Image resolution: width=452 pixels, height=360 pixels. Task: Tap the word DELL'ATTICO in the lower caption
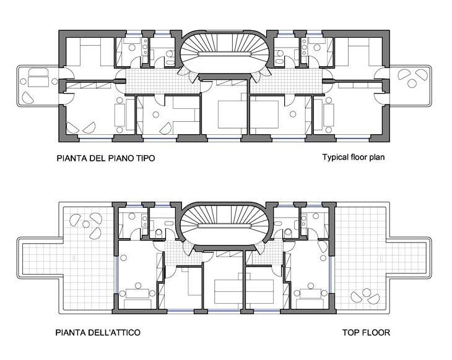click(x=114, y=333)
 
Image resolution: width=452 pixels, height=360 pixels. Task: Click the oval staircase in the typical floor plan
click(x=225, y=52)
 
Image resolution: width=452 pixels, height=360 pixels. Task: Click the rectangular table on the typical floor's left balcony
click(x=38, y=82)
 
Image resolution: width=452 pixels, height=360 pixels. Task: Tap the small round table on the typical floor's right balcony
click(x=412, y=84)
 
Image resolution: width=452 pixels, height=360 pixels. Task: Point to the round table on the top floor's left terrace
click(x=86, y=224)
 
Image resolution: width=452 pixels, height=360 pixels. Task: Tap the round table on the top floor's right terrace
click(x=367, y=293)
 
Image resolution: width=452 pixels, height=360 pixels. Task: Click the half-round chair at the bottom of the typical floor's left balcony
click(x=28, y=98)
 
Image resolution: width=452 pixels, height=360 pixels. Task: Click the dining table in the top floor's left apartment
click(x=137, y=294)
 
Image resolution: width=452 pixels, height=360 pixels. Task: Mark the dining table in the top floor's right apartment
click(x=310, y=294)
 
